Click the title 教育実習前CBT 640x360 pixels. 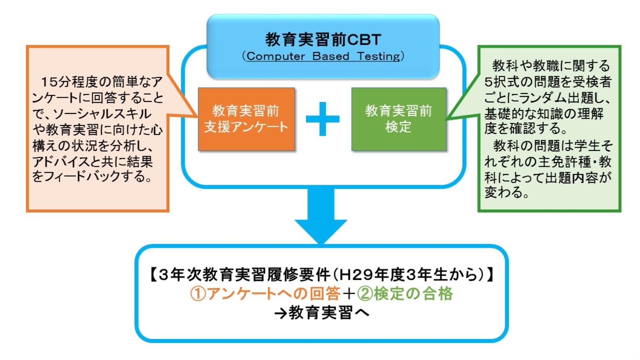[323, 40]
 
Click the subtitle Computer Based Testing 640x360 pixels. [323, 56]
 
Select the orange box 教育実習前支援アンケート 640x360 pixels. [246, 119]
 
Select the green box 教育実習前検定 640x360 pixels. [399, 119]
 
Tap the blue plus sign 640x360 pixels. [323, 119]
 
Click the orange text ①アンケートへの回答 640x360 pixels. [265, 293]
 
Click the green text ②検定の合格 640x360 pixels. [405, 293]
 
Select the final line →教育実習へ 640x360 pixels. [322, 313]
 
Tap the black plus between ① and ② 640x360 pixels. [349, 294]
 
